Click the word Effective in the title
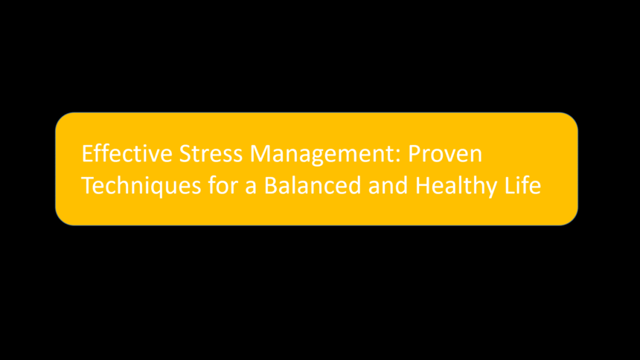127,153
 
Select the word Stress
211,154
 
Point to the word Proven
445,154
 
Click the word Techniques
141,186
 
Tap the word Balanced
313,185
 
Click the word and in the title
388,185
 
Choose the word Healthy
456,187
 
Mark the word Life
523,185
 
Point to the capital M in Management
260,154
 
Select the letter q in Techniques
159,190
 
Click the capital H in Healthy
423,186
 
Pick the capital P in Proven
415,154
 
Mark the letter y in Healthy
491,190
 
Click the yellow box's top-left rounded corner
60,118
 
